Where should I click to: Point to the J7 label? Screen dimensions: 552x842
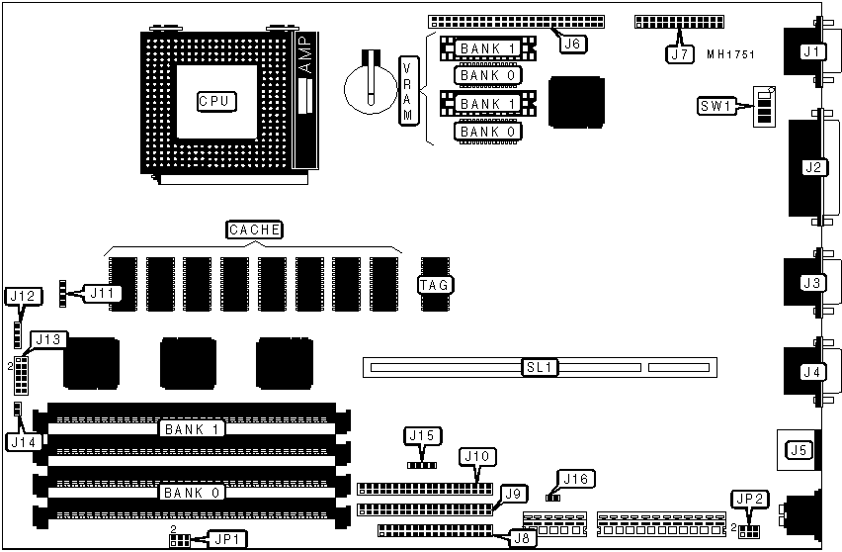[x=679, y=54]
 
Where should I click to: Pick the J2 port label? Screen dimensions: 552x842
[x=814, y=166]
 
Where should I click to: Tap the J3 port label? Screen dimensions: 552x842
[x=812, y=283]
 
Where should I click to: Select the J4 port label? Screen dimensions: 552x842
[x=812, y=372]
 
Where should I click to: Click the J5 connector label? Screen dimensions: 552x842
[x=799, y=451]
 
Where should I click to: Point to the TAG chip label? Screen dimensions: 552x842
[x=435, y=285]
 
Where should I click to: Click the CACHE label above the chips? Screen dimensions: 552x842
[x=255, y=230]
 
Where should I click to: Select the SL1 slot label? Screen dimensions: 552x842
[x=541, y=368]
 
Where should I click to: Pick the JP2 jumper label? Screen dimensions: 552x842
[x=744, y=499]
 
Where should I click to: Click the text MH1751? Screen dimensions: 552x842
[x=731, y=54]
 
